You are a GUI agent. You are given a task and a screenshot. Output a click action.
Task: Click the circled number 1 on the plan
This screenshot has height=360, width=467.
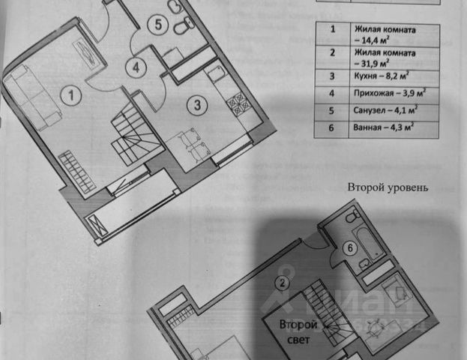tap(70, 95)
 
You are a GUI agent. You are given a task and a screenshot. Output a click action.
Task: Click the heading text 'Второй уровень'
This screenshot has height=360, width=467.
tap(388, 187)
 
